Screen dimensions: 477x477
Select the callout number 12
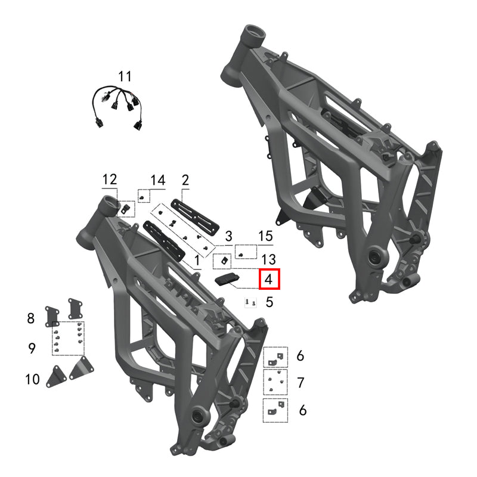pyautogui.click(x=110, y=179)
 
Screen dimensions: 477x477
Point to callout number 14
pyautogui.click(x=157, y=179)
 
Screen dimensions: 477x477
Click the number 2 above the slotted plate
pyautogui.click(x=185, y=179)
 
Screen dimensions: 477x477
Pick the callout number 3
pyautogui.click(x=228, y=236)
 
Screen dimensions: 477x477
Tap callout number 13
pyautogui.click(x=268, y=258)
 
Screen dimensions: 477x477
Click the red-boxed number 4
pyautogui.click(x=268, y=278)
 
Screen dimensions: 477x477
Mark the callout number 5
pyautogui.click(x=269, y=302)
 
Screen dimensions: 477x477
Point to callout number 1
pyautogui.click(x=198, y=261)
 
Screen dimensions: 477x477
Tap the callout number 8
pyautogui.click(x=31, y=318)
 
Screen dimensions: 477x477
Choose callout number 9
pyautogui.click(x=32, y=348)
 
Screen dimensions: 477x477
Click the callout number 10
pyautogui.click(x=32, y=379)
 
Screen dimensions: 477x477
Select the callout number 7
pyautogui.click(x=301, y=382)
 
